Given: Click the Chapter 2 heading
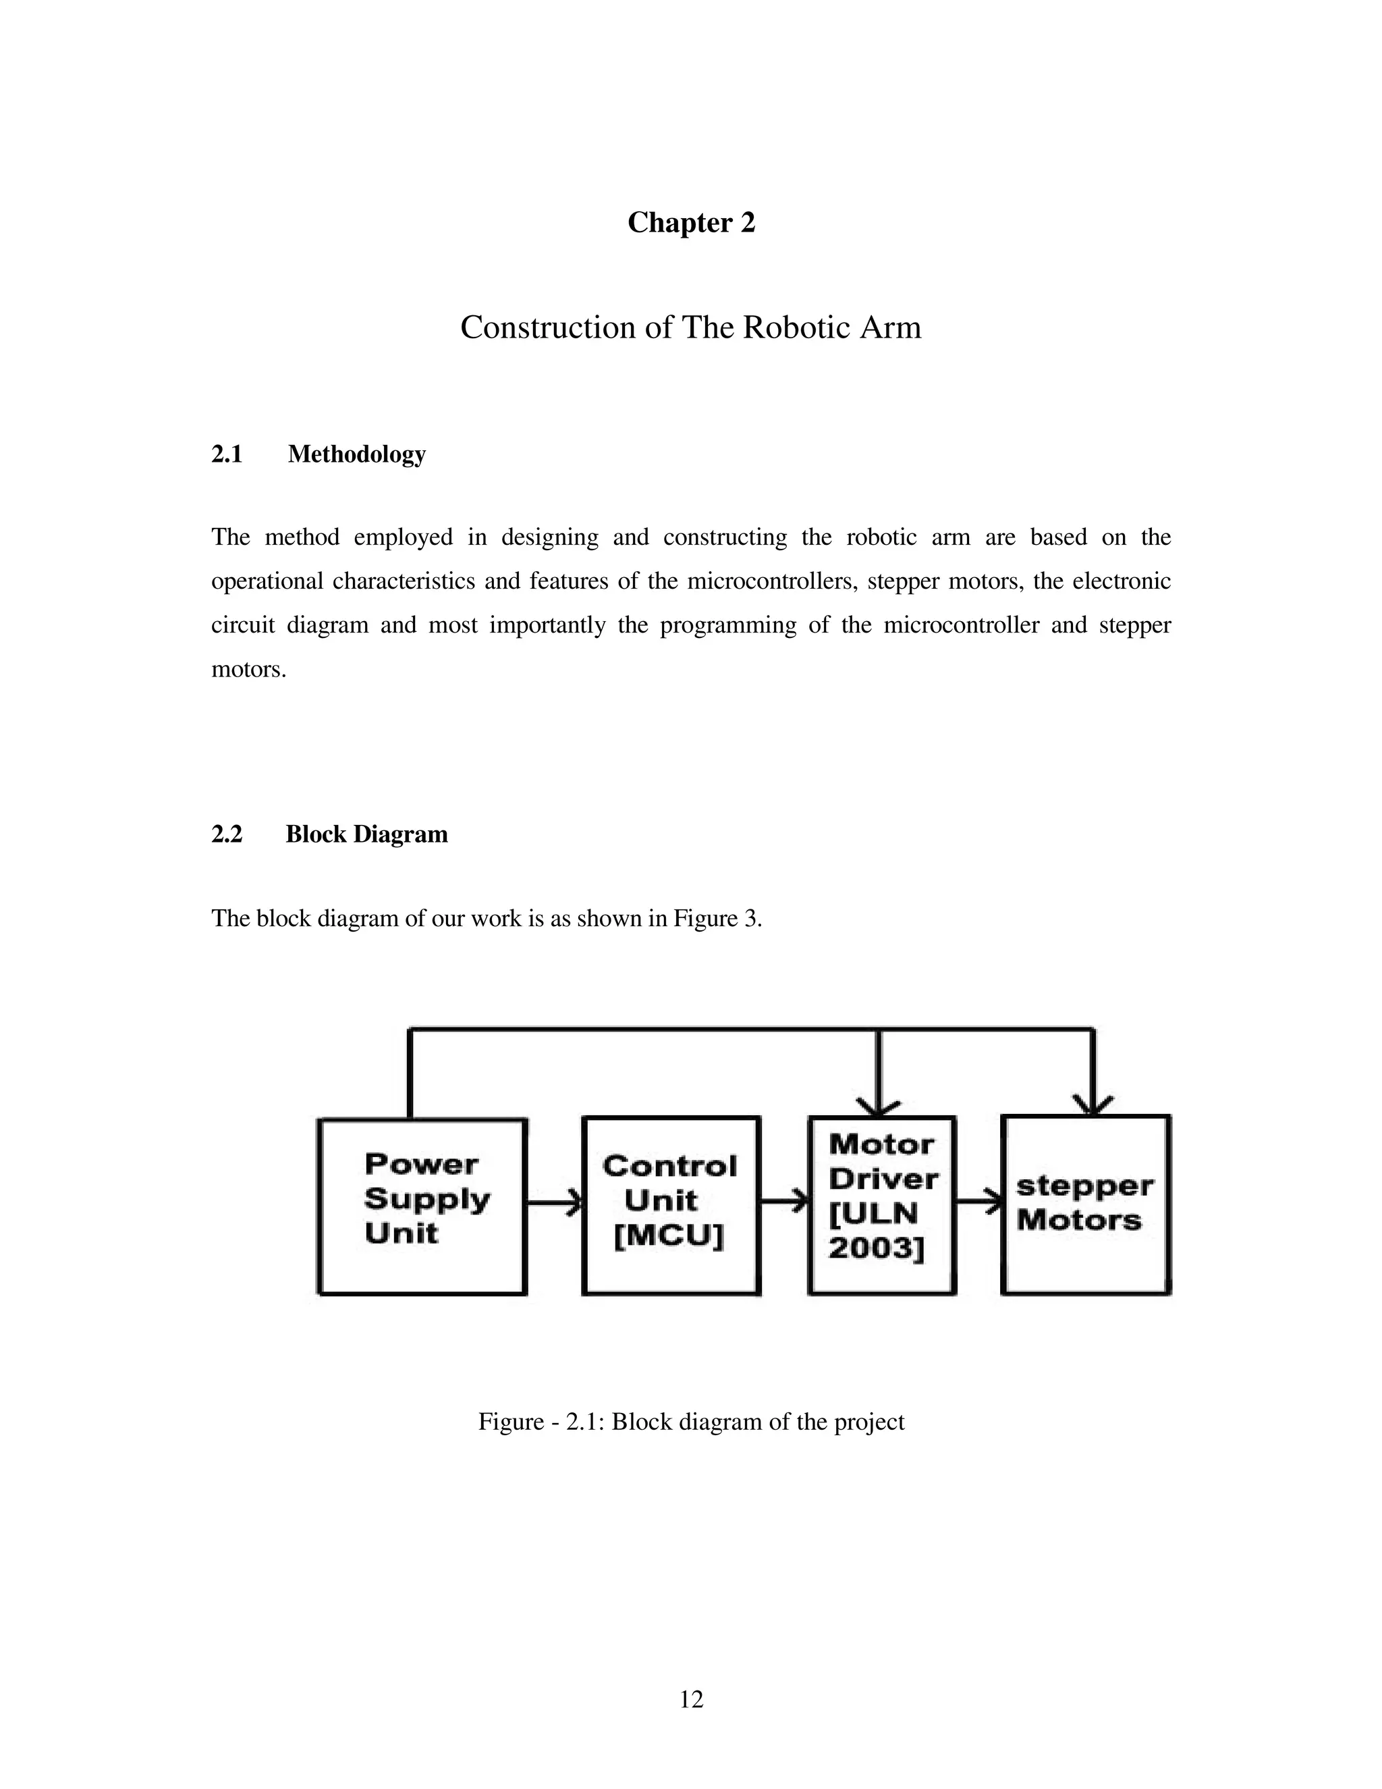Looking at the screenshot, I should pos(691,223).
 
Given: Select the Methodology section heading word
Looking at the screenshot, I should pos(356,454).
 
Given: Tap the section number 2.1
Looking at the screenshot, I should pos(227,454).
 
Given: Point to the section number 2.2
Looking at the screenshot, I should pos(227,834).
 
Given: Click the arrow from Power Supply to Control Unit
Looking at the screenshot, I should pos(554,1202).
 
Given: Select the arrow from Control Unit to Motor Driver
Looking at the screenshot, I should pos(784,1202).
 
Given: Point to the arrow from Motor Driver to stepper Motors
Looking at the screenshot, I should pos(979,1202).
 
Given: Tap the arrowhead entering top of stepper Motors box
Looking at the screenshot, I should pos(1093,1105).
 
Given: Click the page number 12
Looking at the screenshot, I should pos(691,1700).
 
